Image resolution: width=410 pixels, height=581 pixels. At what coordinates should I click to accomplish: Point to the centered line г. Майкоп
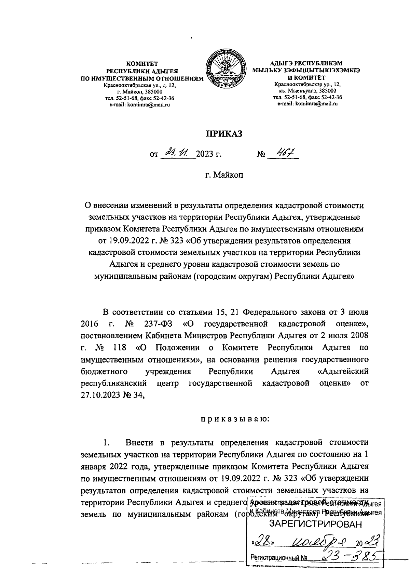(224, 175)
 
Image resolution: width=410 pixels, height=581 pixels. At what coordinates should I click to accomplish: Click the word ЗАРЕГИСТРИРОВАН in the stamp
(315, 524)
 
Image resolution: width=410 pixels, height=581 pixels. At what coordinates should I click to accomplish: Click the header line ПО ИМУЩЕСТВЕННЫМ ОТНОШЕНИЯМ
(142, 79)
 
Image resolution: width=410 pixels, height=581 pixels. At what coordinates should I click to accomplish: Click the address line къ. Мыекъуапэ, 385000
(307, 91)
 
